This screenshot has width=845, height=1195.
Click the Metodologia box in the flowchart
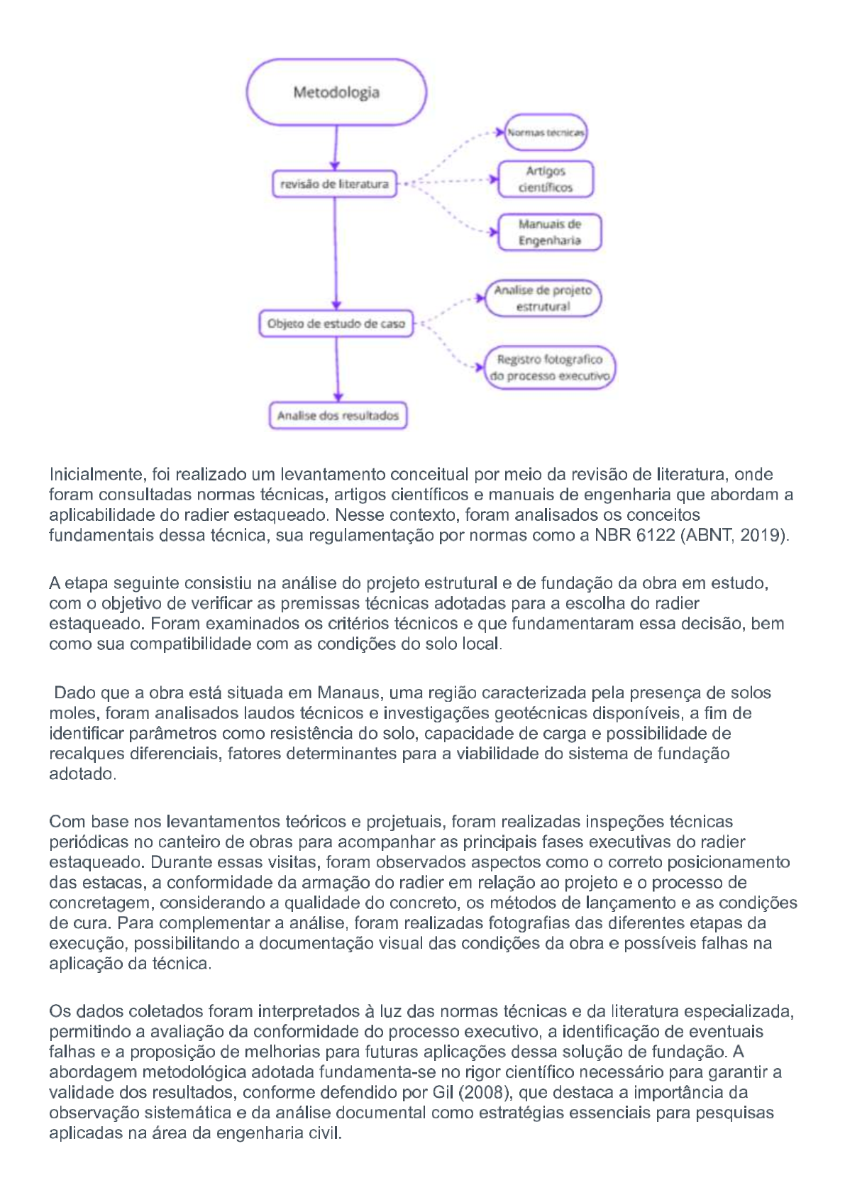coord(336,92)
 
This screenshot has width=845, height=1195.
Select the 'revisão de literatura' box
coord(334,184)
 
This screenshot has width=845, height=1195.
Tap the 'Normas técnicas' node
coord(546,133)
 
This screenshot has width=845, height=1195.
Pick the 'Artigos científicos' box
coord(546,179)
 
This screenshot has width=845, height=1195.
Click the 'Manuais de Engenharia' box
coord(549,232)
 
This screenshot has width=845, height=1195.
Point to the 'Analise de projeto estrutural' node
coord(543,298)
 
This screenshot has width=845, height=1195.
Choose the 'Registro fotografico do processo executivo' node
coord(550,368)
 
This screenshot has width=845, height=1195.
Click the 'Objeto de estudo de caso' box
coord(336,324)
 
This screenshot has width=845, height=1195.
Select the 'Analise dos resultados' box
coord(338,416)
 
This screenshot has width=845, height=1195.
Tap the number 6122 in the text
coord(656,535)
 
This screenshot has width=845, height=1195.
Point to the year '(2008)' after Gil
coord(482,1092)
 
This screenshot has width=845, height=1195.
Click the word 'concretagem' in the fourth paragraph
coord(101,903)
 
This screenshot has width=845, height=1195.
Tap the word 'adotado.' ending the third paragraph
coord(82,774)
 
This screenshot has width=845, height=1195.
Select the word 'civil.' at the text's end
coord(325,1133)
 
